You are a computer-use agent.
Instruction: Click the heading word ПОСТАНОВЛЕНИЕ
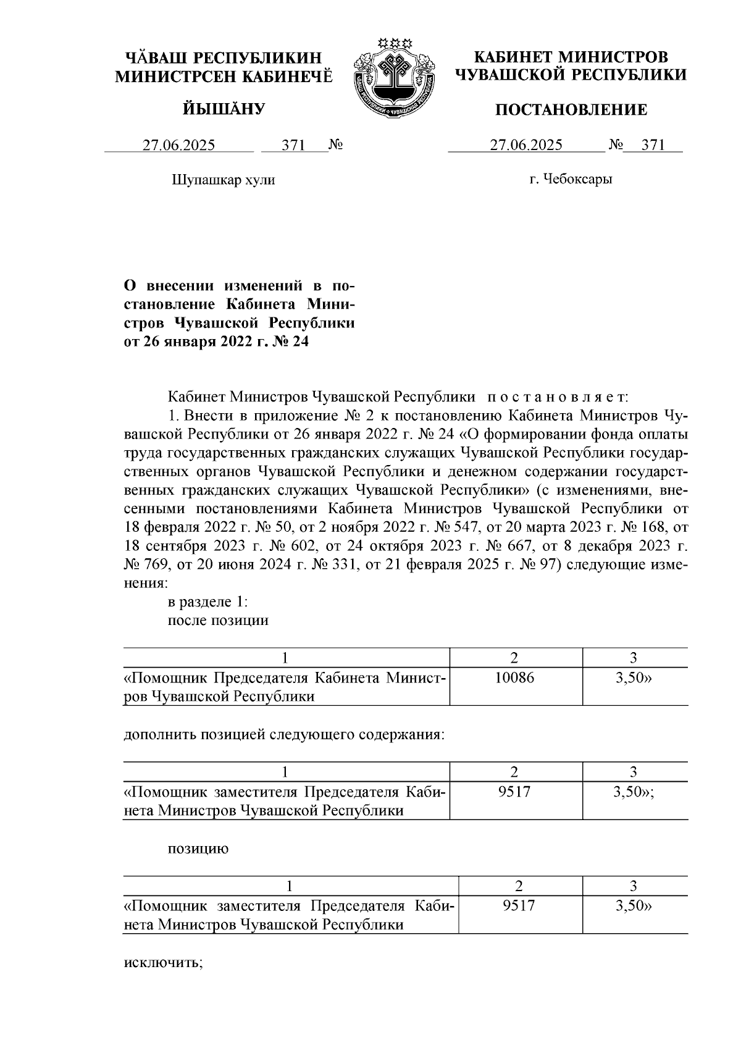coord(572,111)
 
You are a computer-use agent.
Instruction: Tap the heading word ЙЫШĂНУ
coord(224,110)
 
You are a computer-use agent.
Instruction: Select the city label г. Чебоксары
coord(571,180)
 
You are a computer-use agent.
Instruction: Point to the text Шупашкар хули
coord(223,180)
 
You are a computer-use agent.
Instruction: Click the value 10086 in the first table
coord(515,677)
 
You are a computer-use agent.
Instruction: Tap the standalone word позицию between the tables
coord(198,849)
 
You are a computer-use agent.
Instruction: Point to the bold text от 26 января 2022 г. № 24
coord(216,342)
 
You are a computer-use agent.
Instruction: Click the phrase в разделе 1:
coord(207,602)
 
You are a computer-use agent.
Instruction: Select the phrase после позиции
coord(218,620)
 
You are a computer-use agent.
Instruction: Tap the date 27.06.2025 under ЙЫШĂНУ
coord(179,145)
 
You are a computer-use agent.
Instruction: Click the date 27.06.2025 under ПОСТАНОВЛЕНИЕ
coord(526,145)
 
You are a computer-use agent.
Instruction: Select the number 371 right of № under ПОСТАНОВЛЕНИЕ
coord(653,145)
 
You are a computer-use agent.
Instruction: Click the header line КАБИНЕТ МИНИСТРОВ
coord(571,57)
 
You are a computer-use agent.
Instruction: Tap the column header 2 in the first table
coord(514,658)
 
